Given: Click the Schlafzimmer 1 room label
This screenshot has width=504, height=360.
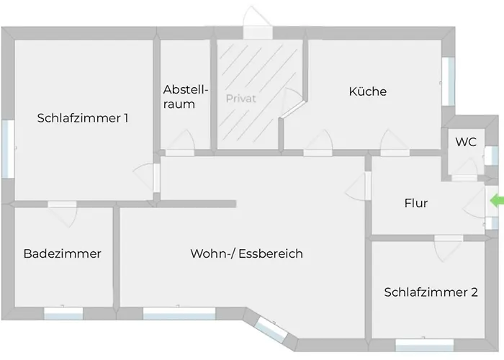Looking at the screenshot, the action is (83, 118).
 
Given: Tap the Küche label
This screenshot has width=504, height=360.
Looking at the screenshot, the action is (368, 91).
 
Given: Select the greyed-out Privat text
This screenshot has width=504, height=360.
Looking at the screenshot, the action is (240, 99).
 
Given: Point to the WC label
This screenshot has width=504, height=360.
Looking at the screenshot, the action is (466, 142).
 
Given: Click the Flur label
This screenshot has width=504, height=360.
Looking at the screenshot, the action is (416, 203).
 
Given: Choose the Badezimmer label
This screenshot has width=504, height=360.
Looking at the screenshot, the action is (63, 253).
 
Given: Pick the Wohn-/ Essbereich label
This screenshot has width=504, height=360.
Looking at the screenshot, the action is (246, 253).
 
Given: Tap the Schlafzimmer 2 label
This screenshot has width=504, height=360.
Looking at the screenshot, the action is (431, 292).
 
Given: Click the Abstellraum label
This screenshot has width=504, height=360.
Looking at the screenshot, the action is (186, 96).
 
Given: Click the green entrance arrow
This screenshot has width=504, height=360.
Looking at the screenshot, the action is (497, 201).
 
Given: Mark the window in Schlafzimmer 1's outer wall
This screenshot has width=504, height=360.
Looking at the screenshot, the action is (8, 149).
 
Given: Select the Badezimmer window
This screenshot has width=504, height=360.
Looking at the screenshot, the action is (63, 313).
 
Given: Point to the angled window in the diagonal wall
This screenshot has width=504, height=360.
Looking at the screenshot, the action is (271, 330).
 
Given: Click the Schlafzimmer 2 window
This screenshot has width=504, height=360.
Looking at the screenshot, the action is (424, 345).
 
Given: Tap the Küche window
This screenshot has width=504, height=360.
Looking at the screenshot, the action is (449, 81).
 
